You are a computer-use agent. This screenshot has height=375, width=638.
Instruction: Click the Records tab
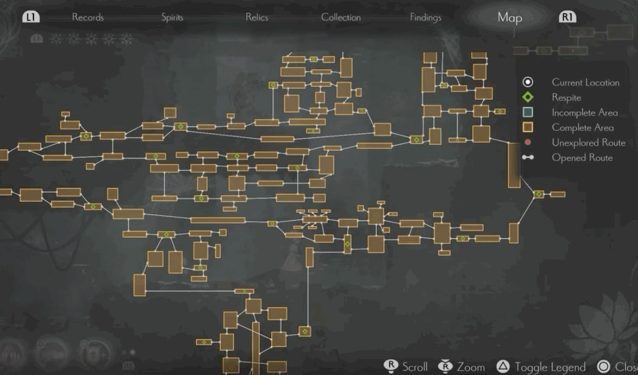click(88, 17)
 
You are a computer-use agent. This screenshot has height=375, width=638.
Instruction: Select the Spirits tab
click(172, 17)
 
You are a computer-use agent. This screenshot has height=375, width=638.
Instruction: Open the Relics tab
click(257, 17)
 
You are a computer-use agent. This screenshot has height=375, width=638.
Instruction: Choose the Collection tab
click(341, 17)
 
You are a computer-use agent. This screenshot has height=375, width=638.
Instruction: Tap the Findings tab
click(425, 17)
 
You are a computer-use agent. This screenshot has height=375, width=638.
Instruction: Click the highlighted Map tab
click(509, 18)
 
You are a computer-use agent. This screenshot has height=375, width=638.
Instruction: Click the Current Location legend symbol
click(528, 82)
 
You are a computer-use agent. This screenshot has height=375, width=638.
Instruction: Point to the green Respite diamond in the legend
click(528, 98)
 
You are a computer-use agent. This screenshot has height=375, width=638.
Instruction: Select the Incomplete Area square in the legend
click(528, 112)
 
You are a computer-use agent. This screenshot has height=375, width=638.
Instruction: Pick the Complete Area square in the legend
click(528, 127)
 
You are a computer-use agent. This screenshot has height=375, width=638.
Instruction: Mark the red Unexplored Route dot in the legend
click(528, 143)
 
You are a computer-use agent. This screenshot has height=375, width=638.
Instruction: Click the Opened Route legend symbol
click(528, 157)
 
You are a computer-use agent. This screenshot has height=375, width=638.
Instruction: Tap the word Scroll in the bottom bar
click(415, 367)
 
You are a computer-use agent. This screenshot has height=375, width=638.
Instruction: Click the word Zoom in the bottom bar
click(471, 367)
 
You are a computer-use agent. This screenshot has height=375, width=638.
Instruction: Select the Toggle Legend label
click(550, 367)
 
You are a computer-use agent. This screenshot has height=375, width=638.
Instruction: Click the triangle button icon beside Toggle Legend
click(503, 367)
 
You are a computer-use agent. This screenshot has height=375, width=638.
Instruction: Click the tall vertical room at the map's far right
click(514, 165)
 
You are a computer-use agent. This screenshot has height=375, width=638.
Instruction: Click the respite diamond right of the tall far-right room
click(539, 194)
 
